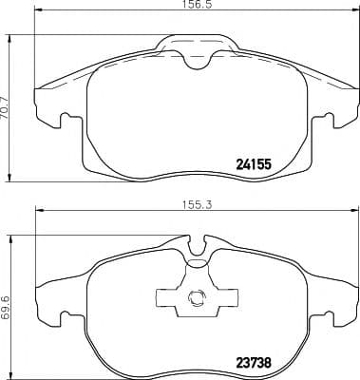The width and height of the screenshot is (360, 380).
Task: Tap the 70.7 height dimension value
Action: [8, 98]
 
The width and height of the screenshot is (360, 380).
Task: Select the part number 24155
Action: [254, 163]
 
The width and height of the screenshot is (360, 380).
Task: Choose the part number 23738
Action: [254, 360]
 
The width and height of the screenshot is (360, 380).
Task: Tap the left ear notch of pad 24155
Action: [63, 121]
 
